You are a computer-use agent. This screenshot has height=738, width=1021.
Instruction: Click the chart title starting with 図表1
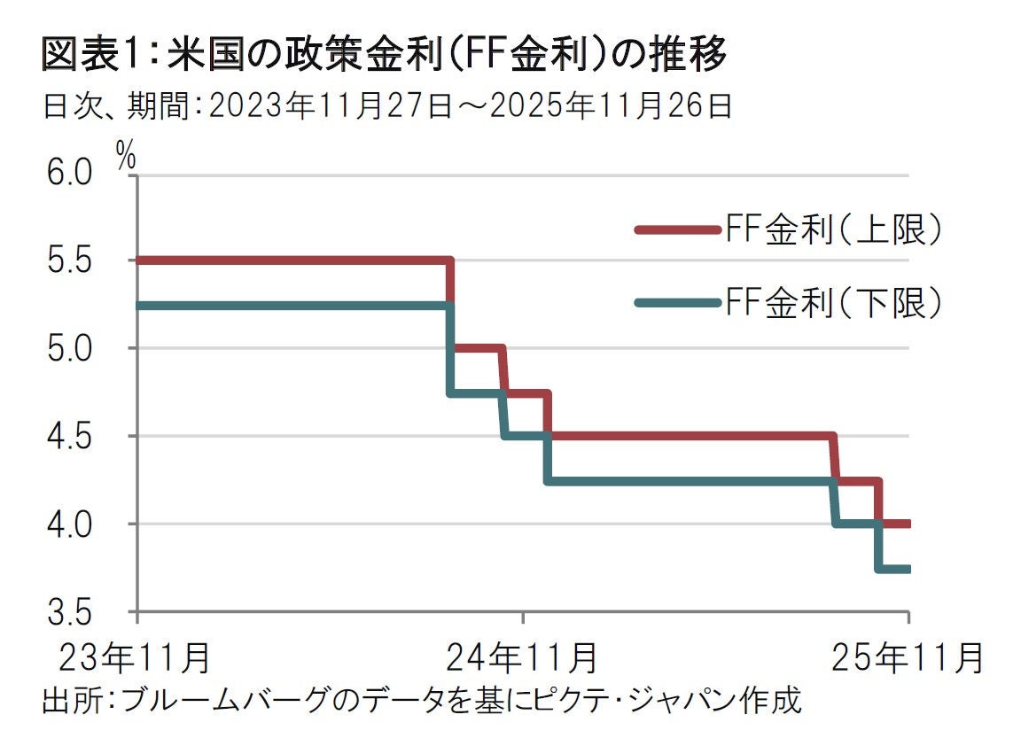[385, 55]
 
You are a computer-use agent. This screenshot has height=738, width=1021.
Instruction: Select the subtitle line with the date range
[387, 107]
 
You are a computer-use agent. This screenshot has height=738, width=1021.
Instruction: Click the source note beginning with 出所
[421, 700]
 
